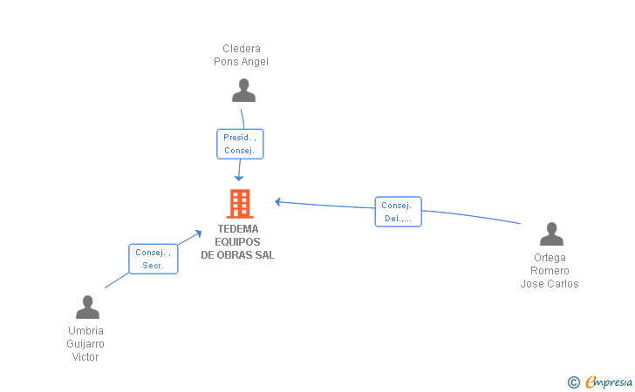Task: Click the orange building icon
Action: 240,204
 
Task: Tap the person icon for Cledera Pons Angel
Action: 243,91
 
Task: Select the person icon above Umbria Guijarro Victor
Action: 87,307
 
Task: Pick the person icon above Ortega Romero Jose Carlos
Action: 551,233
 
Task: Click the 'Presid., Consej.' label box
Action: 240,144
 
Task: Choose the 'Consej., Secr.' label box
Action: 154,259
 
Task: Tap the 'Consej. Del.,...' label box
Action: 398,212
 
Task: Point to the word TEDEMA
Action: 238,229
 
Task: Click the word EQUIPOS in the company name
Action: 237,242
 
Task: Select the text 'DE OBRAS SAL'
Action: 238,255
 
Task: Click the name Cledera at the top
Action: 242,49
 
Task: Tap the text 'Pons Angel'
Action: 241,62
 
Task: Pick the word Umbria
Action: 85,330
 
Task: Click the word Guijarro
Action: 85,344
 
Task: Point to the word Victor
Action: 85,357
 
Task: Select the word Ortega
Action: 550,258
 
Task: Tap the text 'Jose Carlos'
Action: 550,284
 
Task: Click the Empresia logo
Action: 609,382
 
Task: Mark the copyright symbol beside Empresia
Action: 574,382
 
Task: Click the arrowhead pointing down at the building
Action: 239,178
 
